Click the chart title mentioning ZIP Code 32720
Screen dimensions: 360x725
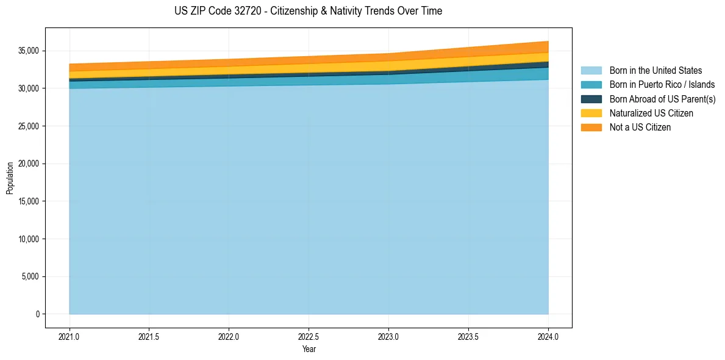pyautogui.click(x=308, y=11)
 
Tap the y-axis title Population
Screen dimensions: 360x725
pyautogui.click(x=10, y=178)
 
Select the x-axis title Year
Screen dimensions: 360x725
pyautogui.click(x=309, y=349)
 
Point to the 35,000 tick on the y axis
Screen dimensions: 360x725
pyautogui.click(x=29, y=51)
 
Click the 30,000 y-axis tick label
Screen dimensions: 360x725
pyautogui.click(x=29, y=88)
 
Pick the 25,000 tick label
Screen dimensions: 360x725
pyautogui.click(x=29, y=126)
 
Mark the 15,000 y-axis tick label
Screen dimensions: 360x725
pyautogui.click(x=29, y=201)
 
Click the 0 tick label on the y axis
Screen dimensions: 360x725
pyautogui.click(x=37, y=314)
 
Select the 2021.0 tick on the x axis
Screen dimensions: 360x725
pyautogui.click(x=69, y=336)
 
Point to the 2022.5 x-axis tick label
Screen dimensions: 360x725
pyautogui.click(x=309, y=336)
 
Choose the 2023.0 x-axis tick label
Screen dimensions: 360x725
pyautogui.click(x=388, y=336)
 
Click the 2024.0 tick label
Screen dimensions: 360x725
pyautogui.click(x=548, y=336)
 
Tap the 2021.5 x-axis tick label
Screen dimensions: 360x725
pyautogui.click(x=149, y=336)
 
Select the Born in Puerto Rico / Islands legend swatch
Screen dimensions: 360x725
pyautogui.click(x=591, y=85)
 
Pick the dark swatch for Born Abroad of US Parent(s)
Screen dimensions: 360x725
pyautogui.click(x=591, y=99)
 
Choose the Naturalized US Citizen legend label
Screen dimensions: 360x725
pyautogui.click(x=651, y=113)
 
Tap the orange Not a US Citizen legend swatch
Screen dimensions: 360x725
pyautogui.click(x=591, y=128)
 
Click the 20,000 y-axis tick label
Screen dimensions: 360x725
pyautogui.click(x=29, y=164)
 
